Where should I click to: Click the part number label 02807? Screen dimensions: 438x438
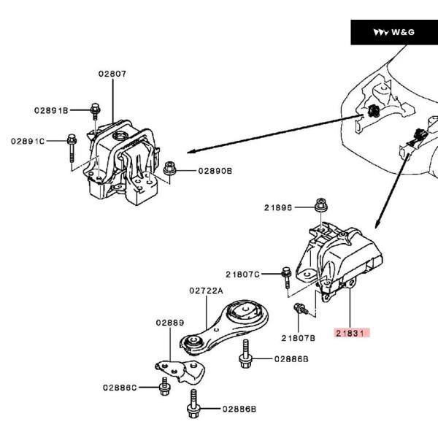(113, 74)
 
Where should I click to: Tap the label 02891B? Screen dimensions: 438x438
(50, 110)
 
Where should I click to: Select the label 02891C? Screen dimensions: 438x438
(28, 140)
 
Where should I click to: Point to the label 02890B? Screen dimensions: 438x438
(215, 171)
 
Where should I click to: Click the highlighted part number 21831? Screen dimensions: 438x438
(353, 333)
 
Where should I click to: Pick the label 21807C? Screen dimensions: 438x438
(242, 274)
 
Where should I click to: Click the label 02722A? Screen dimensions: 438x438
(206, 291)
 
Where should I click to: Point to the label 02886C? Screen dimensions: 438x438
(119, 387)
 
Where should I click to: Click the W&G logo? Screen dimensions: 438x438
(393, 32)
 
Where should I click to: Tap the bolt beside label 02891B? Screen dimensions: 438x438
(95, 111)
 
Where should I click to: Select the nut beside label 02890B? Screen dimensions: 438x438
(171, 169)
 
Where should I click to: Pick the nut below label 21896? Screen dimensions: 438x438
(319, 207)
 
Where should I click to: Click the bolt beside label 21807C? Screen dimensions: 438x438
(286, 277)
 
